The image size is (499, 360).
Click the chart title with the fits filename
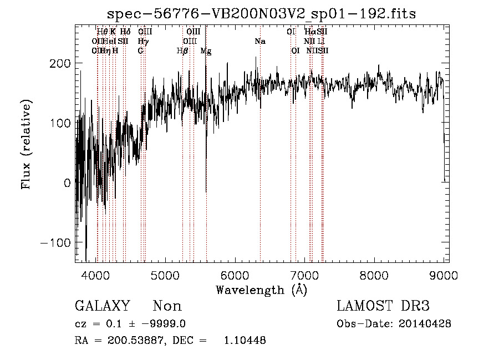tap(261, 13)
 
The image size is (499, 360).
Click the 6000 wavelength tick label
tap(235, 274)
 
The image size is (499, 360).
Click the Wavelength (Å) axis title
tap(261, 290)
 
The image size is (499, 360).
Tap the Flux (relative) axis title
tap(26, 144)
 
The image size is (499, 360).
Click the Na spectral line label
tap(260, 42)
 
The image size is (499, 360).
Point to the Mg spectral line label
tap(206, 51)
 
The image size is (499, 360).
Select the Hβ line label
tap(182, 51)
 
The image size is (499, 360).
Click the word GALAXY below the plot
tap(102, 306)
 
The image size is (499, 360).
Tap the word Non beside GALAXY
tap(167, 306)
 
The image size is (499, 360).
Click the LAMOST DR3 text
tap(383, 306)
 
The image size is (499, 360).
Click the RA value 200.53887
tap(135, 341)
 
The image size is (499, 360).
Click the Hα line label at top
tap(310, 32)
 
